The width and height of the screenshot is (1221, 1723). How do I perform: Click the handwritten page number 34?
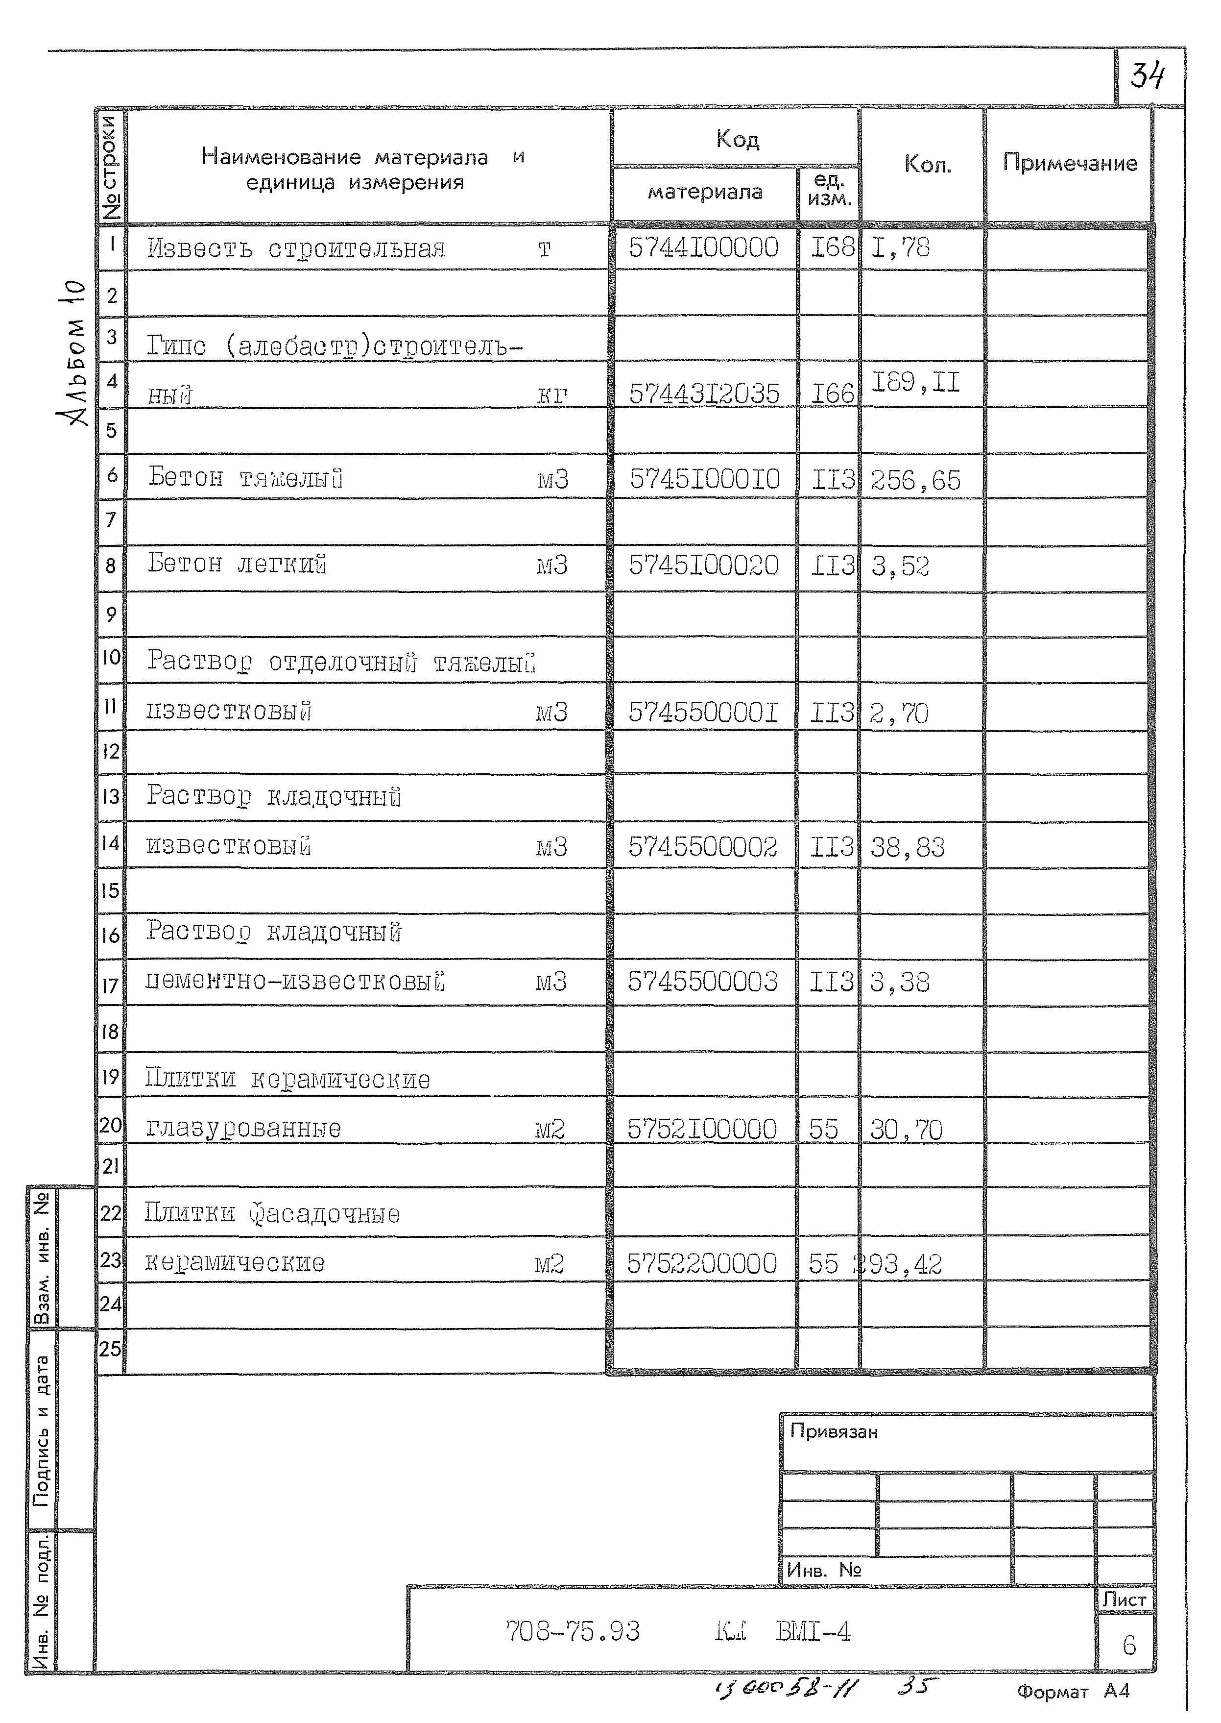[x=1148, y=76]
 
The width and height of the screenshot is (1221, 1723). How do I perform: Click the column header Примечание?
[x=1069, y=163]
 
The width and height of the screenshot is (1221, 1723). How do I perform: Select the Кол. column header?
[x=927, y=165]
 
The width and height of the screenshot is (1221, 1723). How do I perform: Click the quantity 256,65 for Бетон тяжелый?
[x=915, y=480]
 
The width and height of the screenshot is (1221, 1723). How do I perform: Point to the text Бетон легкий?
[x=237, y=563]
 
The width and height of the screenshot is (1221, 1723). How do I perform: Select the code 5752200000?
[x=701, y=1263]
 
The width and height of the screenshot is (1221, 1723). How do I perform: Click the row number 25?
[x=110, y=1349]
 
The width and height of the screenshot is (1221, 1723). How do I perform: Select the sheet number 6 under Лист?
[x=1128, y=1646]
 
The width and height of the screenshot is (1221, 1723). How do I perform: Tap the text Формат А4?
[x=1073, y=1692]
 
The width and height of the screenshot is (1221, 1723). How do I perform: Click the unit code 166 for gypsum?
[x=832, y=394]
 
